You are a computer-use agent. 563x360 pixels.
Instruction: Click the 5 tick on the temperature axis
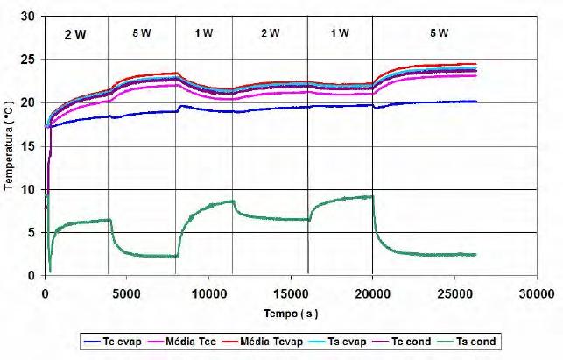point(33,233)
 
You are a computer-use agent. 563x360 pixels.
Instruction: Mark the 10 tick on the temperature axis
point(31,189)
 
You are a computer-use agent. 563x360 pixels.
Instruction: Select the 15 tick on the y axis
point(31,146)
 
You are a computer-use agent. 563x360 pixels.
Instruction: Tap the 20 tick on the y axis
point(31,103)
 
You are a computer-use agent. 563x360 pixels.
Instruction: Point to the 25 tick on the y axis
point(31,60)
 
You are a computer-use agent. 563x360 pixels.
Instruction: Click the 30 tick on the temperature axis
point(31,17)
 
